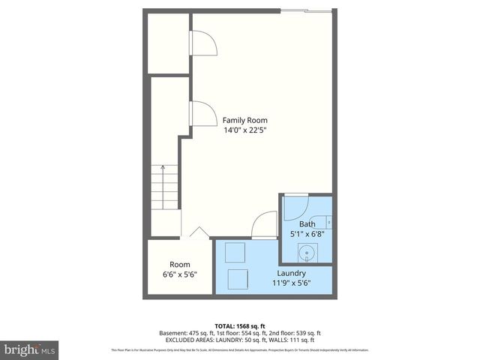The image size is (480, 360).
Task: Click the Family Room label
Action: click(244, 120)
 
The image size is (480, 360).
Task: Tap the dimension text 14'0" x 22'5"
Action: click(244, 130)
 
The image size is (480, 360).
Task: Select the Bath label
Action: click(307, 223)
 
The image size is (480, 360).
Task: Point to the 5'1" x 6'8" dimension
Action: click(307, 233)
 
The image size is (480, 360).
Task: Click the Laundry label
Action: click(291, 273)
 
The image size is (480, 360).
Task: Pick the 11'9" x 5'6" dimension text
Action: click(291, 283)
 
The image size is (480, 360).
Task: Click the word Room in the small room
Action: click(179, 264)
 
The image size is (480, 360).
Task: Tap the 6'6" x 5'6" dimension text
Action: click(179, 274)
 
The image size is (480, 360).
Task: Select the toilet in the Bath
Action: click(331, 221)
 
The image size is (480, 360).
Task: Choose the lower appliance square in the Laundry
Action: click(239, 277)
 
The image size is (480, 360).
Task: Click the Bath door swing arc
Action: click(295, 208)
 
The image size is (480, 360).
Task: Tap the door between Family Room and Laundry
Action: click(264, 224)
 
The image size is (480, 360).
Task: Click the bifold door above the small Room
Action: click(199, 232)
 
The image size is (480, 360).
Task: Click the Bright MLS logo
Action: click(29, 349)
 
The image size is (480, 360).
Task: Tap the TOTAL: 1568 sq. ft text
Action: click(239, 324)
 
